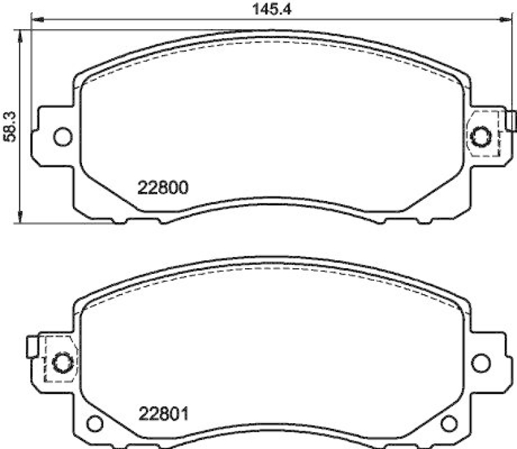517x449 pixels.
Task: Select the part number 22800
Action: (162, 189)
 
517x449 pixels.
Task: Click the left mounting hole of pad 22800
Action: (62, 136)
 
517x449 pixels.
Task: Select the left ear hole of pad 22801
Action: (61, 362)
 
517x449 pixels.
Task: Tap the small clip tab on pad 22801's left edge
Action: (31, 347)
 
